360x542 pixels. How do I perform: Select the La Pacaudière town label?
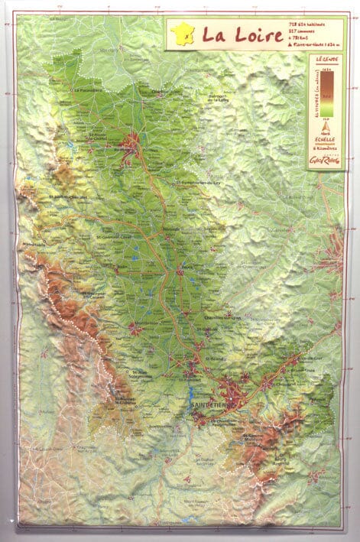coord(90,89)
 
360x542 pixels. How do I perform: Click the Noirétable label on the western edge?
coord(34,244)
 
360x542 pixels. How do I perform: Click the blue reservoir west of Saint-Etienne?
coord(191,399)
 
